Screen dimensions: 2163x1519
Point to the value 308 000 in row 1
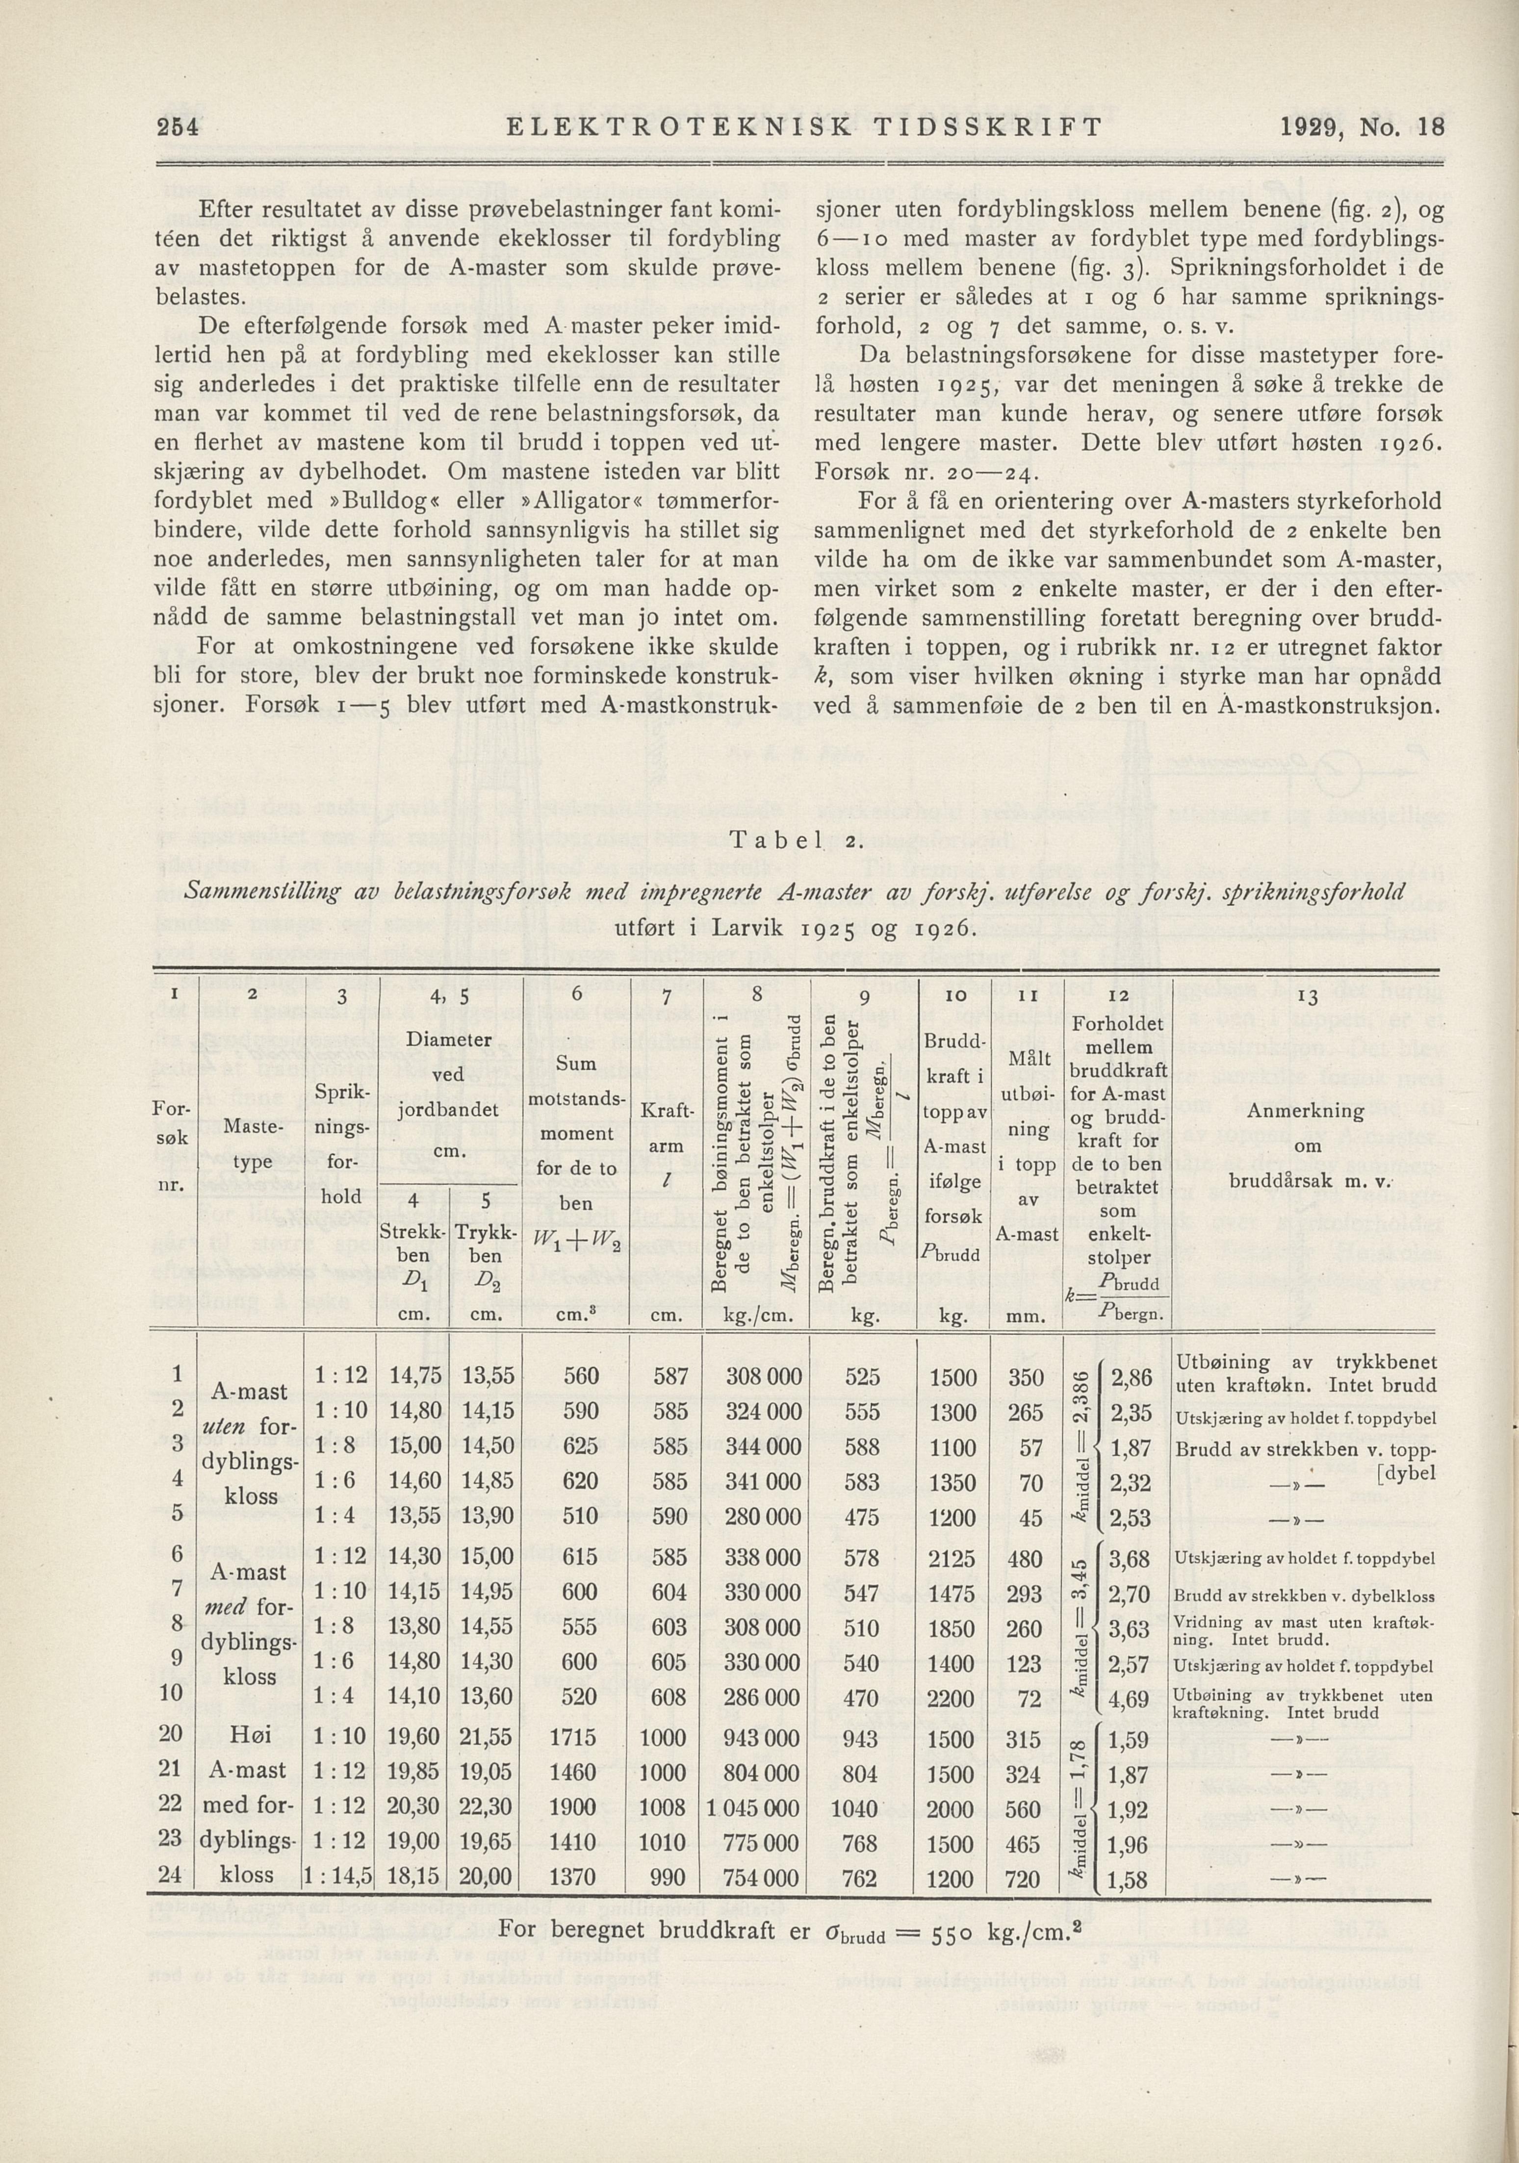763,1377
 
